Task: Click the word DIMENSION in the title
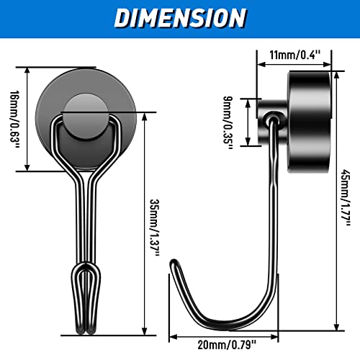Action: [x=180, y=18]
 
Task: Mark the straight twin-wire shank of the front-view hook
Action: [x=84, y=216]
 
